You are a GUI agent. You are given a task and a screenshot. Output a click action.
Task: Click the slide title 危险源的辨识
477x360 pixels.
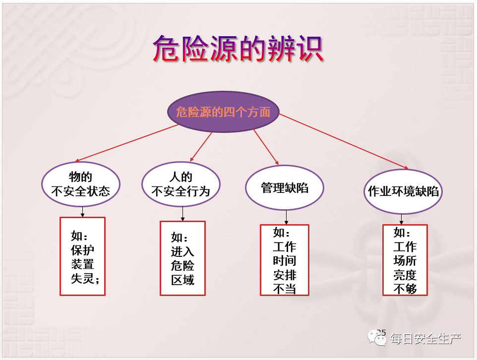238,49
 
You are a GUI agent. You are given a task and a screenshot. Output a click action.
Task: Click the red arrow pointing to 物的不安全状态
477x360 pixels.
126,143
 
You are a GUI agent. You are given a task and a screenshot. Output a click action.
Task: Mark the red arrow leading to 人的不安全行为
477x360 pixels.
201,147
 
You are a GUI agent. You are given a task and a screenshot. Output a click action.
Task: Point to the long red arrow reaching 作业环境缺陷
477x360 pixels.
344,141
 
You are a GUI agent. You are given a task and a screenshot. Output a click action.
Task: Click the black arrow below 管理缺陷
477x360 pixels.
286,217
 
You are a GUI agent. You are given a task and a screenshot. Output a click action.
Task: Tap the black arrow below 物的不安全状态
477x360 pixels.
82,212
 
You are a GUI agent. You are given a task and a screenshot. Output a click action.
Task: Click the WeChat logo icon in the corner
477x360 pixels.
377,338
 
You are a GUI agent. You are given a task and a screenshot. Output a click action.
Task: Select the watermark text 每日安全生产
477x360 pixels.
425,339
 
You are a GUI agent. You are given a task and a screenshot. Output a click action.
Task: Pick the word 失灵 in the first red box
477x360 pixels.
82,278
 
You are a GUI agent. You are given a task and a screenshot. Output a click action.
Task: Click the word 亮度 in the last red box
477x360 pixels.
405,275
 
